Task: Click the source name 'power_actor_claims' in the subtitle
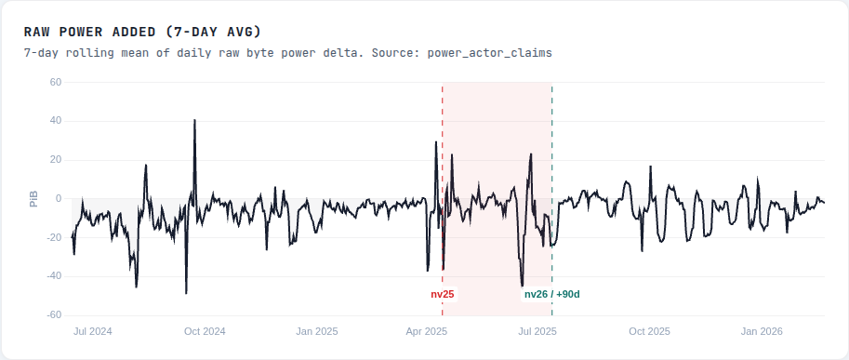pos(489,53)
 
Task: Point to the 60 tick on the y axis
pos(55,82)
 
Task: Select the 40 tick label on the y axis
pos(55,121)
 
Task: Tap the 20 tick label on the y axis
pos(55,160)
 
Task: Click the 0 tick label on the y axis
pos(58,199)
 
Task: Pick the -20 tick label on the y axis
pos(53,237)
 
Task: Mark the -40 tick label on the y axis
pos(53,276)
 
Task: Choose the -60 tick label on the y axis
pos(53,315)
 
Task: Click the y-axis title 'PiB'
pos(33,199)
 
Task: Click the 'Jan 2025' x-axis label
pos(316,331)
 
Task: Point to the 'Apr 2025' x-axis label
pos(427,331)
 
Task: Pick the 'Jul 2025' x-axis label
pos(537,331)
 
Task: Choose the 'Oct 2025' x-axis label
pos(649,331)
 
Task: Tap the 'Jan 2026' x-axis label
pos(762,331)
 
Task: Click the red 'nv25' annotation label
pos(443,294)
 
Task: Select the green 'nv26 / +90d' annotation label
pos(552,294)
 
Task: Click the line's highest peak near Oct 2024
pos(194,120)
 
